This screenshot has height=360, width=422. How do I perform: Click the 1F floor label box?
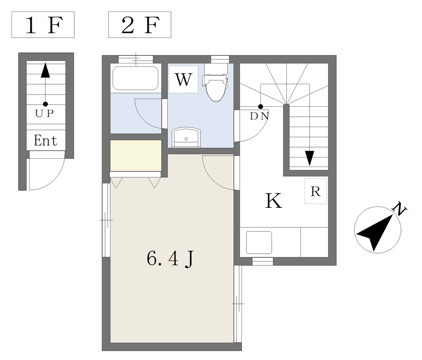(43, 25)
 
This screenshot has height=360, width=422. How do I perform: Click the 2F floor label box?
(140, 25)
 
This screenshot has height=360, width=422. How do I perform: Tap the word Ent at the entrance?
(45, 141)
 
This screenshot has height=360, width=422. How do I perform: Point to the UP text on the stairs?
(45, 114)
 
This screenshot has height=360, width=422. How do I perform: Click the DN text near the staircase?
(260, 116)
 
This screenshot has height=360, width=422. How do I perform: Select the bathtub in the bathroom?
(135, 78)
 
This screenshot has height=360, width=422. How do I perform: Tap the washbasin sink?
(186, 138)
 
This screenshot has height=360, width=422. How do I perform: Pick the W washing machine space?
(183, 80)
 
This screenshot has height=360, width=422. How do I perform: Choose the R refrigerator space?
(315, 191)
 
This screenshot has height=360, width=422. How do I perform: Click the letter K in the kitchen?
(274, 201)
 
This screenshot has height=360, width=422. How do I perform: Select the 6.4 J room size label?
(170, 259)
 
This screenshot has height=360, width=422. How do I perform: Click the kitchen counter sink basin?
(259, 242)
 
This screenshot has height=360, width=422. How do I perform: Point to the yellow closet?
(136, 155)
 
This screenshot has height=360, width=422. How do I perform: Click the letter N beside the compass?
(399, 209)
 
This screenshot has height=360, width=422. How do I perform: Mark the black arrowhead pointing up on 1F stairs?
(45, 70)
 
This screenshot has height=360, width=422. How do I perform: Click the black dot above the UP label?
(45, 104)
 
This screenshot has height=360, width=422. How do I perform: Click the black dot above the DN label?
(260, 107)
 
